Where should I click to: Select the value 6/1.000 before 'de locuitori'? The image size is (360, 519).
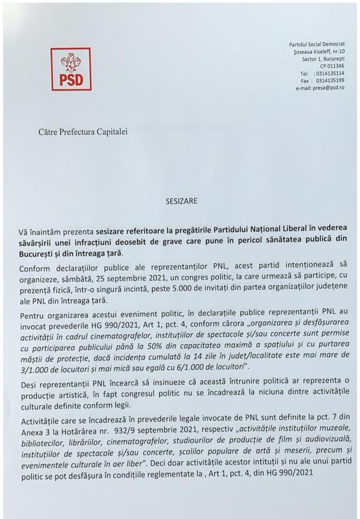[214, 365]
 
